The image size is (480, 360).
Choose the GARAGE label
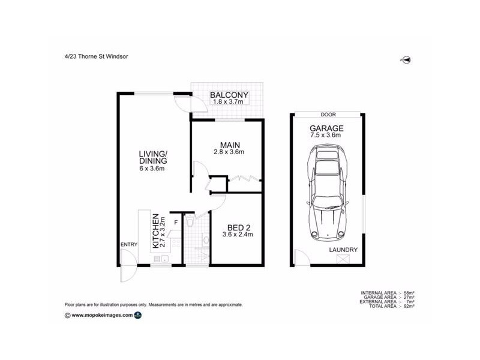(326, 128)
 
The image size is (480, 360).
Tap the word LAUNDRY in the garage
(343, 250)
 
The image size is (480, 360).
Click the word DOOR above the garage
(328, 115)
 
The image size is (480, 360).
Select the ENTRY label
(129, 244)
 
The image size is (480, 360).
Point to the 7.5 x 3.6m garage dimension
(326, 136)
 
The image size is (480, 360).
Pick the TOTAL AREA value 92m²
(410, 306)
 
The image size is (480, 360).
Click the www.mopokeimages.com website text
(101, 314)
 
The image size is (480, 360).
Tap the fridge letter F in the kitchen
(175, 223)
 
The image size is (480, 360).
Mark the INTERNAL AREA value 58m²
(410, 292)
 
